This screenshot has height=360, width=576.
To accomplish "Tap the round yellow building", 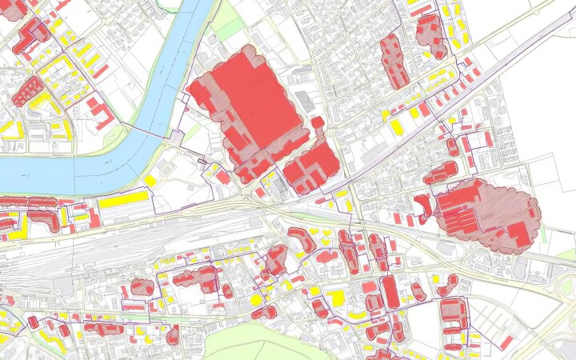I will coord(257,299).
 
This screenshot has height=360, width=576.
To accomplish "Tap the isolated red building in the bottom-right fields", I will coord(506,342).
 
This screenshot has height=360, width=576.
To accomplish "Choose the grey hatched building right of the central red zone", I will coord(305,101).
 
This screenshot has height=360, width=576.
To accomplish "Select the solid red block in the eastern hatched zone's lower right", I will coord(518,234).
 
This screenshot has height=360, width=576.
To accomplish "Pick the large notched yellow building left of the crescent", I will coord(336,298).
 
